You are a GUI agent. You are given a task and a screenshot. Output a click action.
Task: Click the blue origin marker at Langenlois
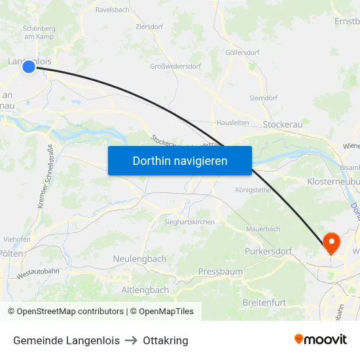click(x=28, y=66)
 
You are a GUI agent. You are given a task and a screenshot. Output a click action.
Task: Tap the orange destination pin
click(x=332, y=243)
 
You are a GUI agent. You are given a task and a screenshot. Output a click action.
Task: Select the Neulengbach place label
click(x=139, y=259)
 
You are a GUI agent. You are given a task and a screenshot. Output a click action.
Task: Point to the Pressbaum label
click(x=221, y=271)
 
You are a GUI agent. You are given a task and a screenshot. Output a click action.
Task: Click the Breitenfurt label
click(x=264, y=302)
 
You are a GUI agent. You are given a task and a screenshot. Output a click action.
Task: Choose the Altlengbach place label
click(x=145, y=289)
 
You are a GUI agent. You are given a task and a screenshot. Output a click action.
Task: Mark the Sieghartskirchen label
click(x=189, y=222)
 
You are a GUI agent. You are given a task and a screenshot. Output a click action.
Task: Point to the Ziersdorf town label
click(x=150, y=27)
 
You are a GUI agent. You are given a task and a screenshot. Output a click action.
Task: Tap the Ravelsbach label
click(x=112, y=10)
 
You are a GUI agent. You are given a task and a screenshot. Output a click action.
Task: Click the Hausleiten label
click(x=232, y=122)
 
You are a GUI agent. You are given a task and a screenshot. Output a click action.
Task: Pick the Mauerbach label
click(x=263, y=229)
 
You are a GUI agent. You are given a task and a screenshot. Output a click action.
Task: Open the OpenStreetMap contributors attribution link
click(x=70, y=312)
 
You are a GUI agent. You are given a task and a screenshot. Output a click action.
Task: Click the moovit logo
click(x=320, y=339)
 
